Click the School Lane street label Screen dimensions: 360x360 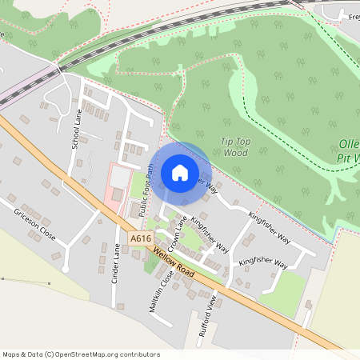[x=78, y=129]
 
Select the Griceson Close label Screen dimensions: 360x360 [x=35, y=226]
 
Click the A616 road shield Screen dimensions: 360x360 [x=141, y=238]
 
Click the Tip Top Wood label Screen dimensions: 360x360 [x=235, y=146]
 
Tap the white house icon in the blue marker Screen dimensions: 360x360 [x=180, y=172]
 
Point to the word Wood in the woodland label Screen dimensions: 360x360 [x=235, y=152]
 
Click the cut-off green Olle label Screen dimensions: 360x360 [x=350, y=145]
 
